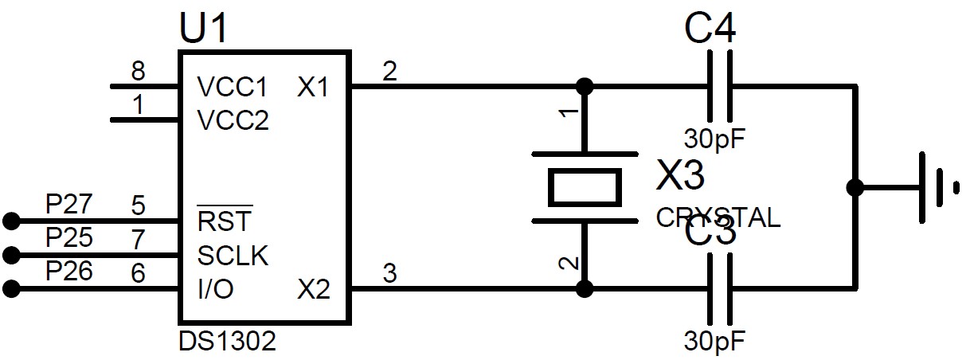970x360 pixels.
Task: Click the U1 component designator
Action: pos(205,29)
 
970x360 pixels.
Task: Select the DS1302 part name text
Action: pos(227,342)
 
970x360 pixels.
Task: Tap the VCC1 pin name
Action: pos(233,87)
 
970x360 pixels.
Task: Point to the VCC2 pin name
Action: pos(233,121)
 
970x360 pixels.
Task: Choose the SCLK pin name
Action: pos(233,256)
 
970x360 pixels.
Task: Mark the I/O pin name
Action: pos(215,290)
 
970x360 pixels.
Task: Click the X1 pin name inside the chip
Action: pos(313,87)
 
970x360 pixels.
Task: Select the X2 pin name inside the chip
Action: pos(313,290)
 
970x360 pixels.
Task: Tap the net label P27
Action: pos(69,205)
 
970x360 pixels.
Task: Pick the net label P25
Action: pos(69,238)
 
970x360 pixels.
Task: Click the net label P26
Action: pos(69,272)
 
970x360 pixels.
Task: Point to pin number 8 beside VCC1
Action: pos(139,72)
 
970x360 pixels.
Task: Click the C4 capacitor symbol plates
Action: pos(720,85)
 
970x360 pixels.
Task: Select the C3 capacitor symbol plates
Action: pos(720,288)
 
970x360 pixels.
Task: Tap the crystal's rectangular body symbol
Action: pos(585,186)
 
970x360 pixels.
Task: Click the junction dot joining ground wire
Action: pos(855,187)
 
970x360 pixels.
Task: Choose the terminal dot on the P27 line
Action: pos(10,220)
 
